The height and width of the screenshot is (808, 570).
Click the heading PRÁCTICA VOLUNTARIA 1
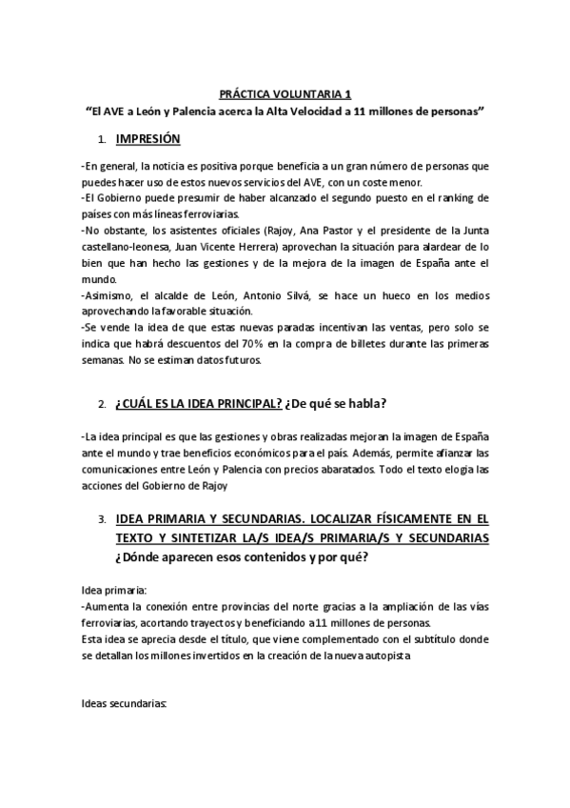point(285,94)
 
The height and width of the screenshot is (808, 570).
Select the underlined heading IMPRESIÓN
point(147,139)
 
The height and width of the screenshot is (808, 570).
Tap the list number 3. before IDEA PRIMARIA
point(103,520)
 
